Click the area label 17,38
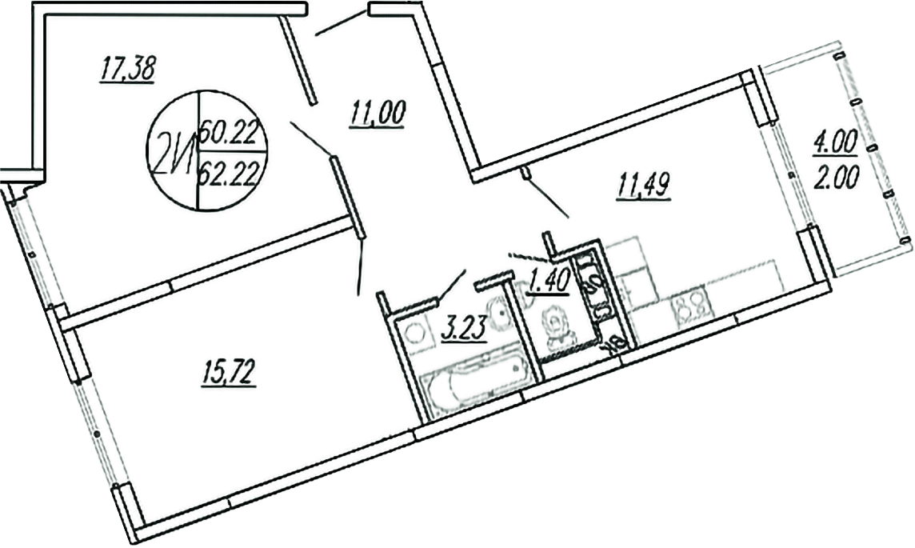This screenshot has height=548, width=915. [x=126, y=70]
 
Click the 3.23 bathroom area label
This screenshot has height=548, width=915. [x=464, y=329]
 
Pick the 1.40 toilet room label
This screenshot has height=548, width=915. [x=547, y=282]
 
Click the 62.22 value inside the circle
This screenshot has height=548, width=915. [x=231, y=168]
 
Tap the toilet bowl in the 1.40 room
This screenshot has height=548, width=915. [x=554, y=328]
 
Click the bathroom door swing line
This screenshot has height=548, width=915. [x=452, y=284]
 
